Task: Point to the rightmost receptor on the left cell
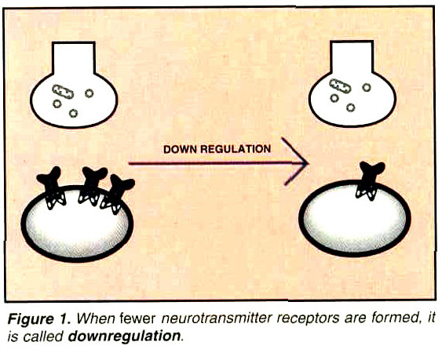click(x=118, y=191)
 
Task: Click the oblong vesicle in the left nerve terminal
click(x=62, y=91)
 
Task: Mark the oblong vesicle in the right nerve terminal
click(x=341, y=85)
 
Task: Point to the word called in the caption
click(x=43, y=336)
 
